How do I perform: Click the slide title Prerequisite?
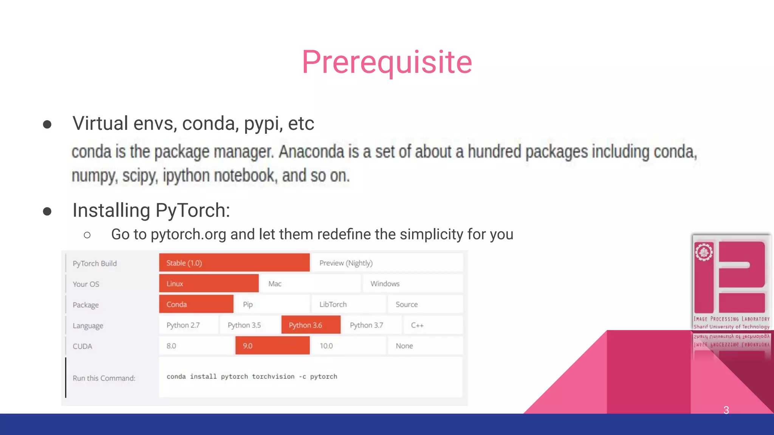387,62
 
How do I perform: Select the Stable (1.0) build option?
234,263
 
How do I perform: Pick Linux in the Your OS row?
209,284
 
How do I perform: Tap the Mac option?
310,284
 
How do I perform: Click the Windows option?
412,284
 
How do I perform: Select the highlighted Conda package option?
196,304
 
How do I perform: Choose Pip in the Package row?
272,304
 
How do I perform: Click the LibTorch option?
348,304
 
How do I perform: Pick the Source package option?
424,304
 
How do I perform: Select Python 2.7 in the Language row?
188,325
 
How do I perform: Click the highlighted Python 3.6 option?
310,325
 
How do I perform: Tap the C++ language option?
432,325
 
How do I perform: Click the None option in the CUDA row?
424,346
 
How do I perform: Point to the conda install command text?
252,376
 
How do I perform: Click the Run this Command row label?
104,378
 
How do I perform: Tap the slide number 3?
726,410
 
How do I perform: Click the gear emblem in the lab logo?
704,252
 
